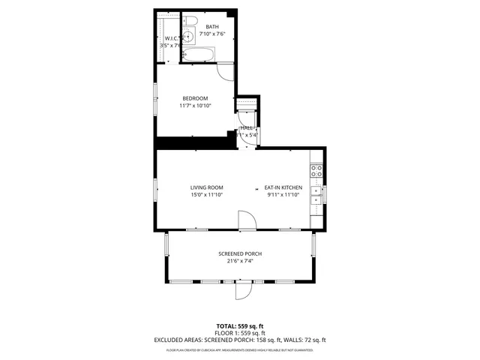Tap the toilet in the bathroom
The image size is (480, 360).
coord(190,20)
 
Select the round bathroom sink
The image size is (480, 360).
coord(190,35)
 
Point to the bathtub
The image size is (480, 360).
coord(199,54)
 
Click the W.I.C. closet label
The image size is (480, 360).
coord(169,37)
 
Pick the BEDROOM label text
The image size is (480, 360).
coord(195,98)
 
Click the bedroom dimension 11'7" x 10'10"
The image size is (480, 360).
coord(195,106)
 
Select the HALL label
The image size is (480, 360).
coord(247,128)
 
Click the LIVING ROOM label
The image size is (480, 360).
coord(206,187)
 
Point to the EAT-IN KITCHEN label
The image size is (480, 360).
coord(283,187)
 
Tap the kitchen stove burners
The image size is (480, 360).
coord(316,171)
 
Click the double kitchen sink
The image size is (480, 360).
coord(316,195)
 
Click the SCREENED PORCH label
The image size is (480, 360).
coord(240,253)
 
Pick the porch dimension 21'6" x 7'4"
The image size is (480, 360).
coord(240,261)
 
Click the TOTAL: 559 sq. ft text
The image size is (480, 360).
coord(239,326)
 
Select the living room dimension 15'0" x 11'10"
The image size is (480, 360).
coord(206,195)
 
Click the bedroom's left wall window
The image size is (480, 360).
coord(155,99)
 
